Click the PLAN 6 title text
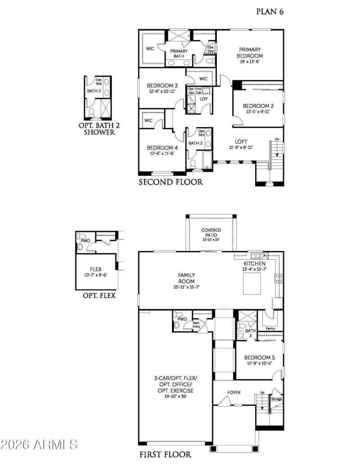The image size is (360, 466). [270, 11]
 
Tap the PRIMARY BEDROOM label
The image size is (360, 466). [250, 53]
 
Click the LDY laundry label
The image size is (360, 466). [204, 99]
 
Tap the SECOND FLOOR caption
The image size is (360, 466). [171, 182]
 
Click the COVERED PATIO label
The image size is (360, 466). [211, 233]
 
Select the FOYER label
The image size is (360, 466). [234, 393]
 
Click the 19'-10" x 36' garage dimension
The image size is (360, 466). [175, 396]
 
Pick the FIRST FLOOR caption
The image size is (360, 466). [165, 454]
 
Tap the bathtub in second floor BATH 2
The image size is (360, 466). [207, 161]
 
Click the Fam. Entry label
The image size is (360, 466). [197, 324]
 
